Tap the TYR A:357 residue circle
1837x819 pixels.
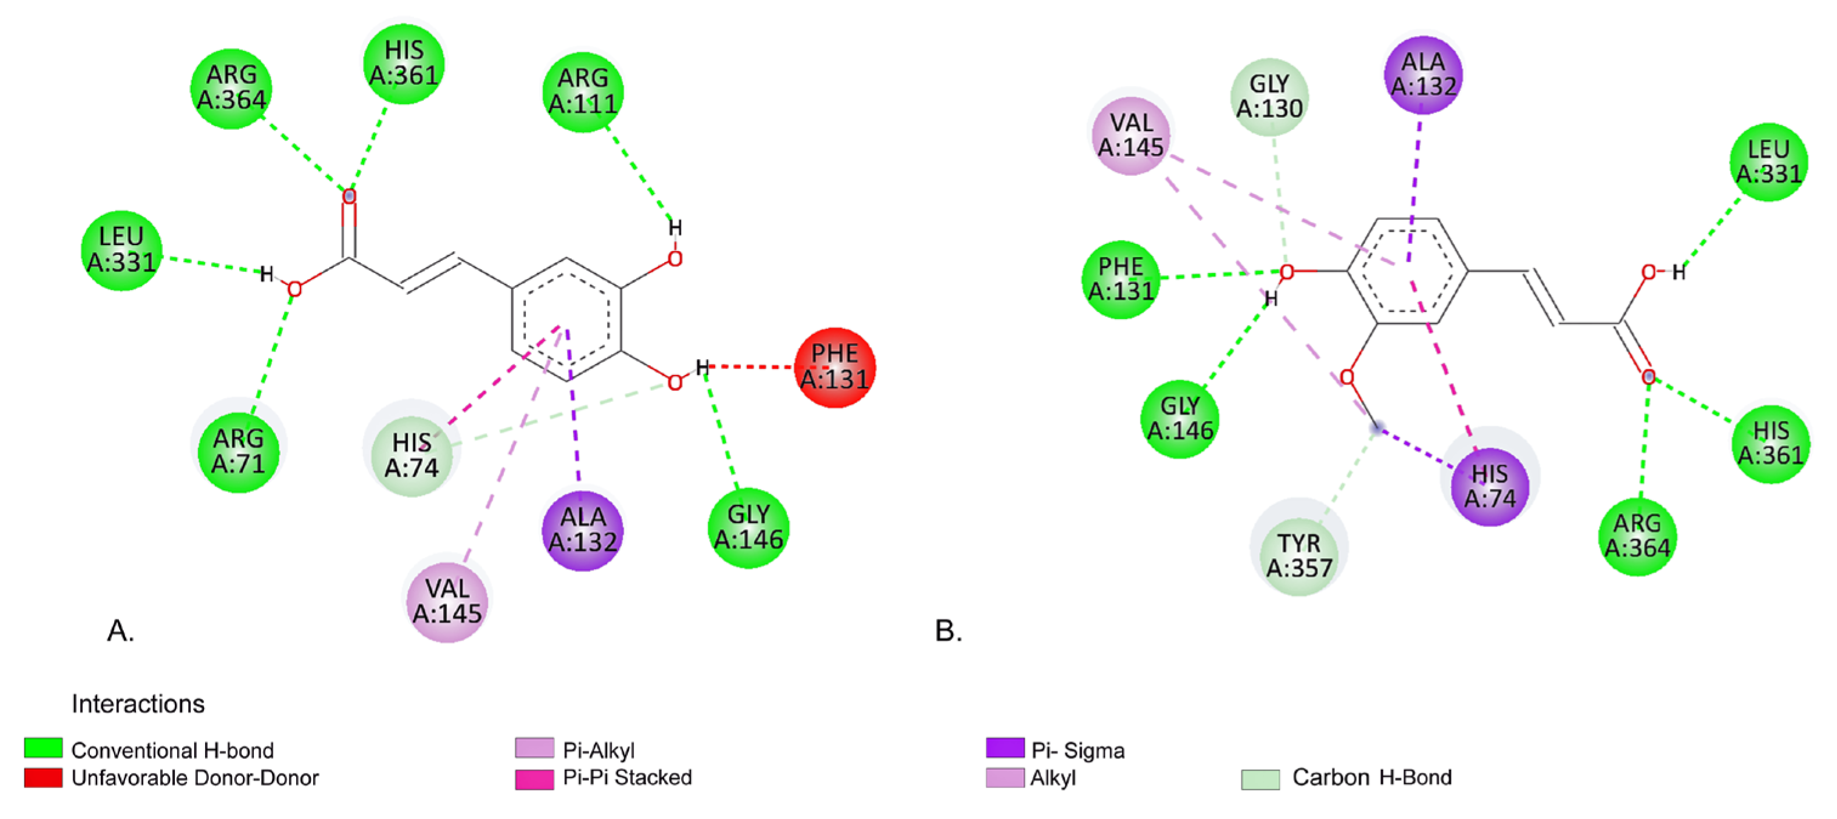pyautogui.click(x=1299, y=555)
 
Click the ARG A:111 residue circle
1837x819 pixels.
pyautogui.click(x=583, y=91)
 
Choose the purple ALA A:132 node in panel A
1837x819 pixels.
pyautogui.click(x=583, y=530)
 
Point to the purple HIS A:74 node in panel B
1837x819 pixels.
pyautogui.click(x=1490, y=486)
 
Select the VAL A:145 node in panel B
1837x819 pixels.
pyautogui.click(x=1131, y=135)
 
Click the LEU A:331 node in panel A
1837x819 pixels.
pyautogui.click(x=121, y=249)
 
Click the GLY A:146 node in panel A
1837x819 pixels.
pyautogui.click(x=749, y=527)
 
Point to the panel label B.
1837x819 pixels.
pyautogui.click(x=948, y=631)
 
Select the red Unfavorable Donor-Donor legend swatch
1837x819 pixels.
pyautogui.click(x=42, y=778)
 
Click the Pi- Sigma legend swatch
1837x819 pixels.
pyautogui.click(x=1005, y=748)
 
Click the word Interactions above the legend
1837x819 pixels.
pyautogui.click(x=138, y=704)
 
